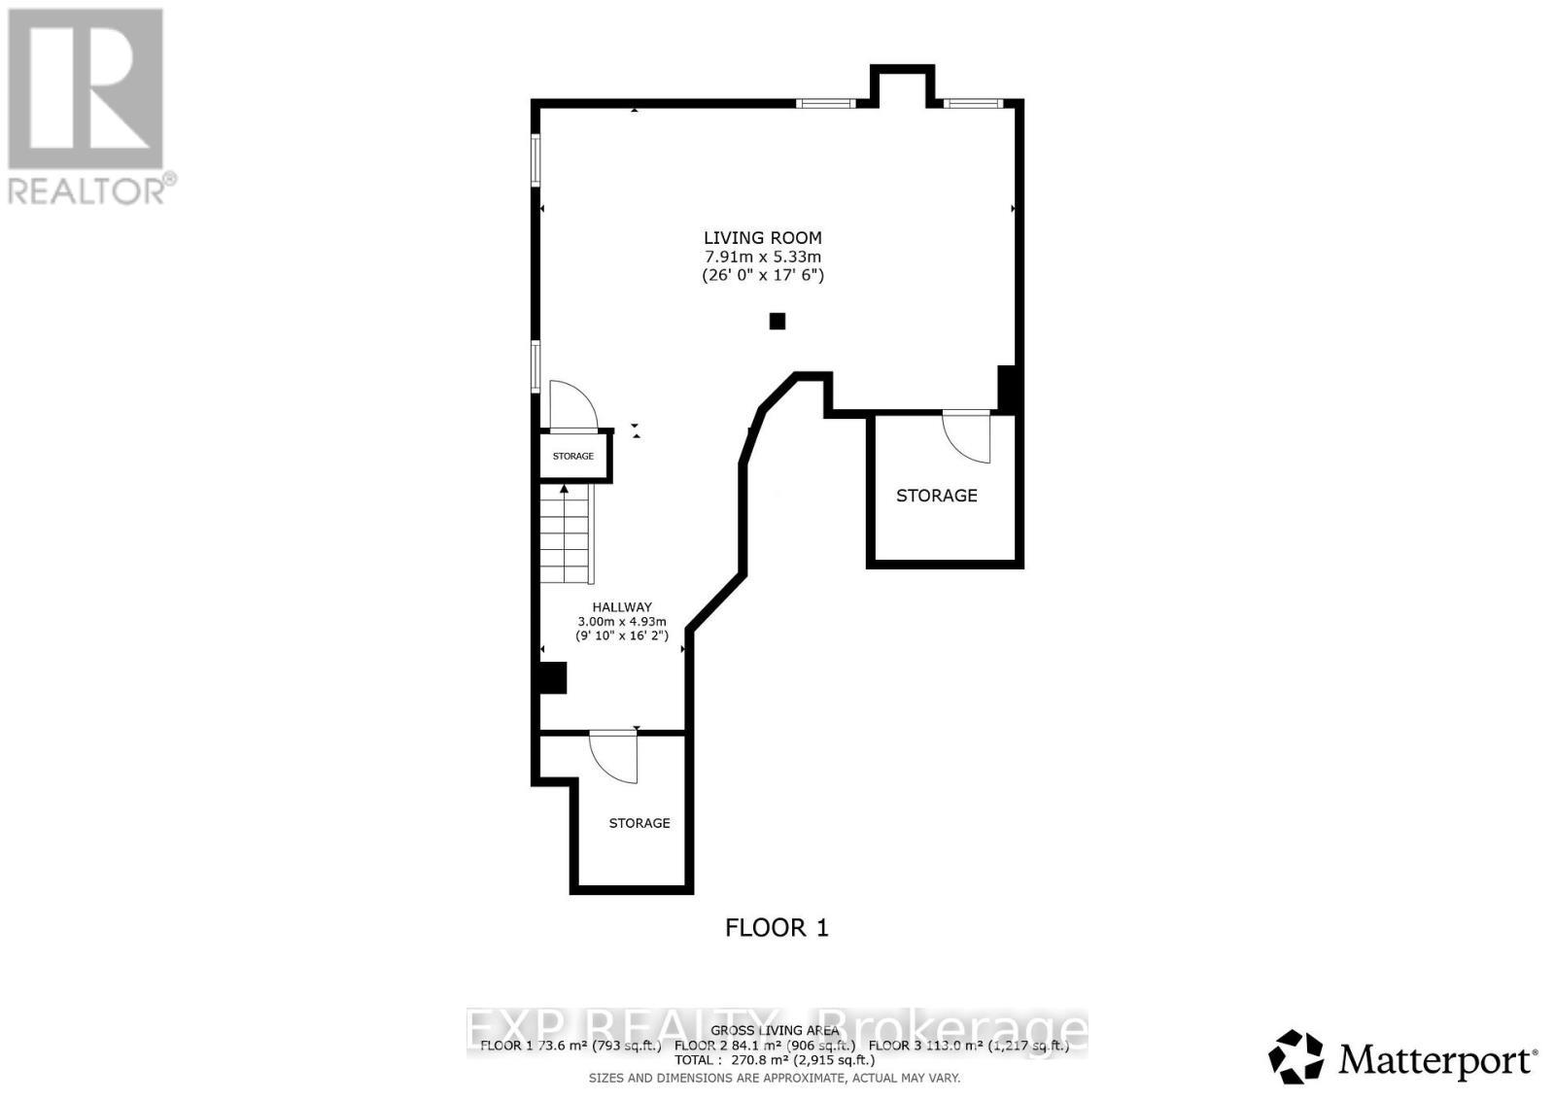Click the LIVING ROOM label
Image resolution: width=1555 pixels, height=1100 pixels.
click(x=762, y=237)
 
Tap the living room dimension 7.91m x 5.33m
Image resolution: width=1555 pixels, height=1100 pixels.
click(x=762, y=257)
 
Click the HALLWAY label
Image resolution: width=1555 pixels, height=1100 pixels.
click(x=622, y=607)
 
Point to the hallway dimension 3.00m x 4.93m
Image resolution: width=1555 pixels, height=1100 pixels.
click(x=622, y=622)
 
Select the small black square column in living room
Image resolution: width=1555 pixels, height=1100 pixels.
click(x=777, y=321)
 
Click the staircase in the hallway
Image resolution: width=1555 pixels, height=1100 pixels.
click(x=566, y=534)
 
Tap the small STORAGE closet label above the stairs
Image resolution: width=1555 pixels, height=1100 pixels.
click(x=573, y=456)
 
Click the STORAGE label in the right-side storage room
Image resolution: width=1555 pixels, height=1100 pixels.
click(x=936, y=496)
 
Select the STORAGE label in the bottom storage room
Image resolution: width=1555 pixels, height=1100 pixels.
click(x=639, y=823)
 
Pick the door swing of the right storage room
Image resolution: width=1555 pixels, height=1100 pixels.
click(x=968, y=435)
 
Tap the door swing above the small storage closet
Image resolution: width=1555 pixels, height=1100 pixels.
click(x=571, y=405)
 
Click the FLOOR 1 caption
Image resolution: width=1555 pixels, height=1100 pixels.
click(x=777, y=928)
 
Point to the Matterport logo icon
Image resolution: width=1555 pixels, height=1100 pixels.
click(x=1296, y=1056)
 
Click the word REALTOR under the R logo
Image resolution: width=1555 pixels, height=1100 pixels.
click(x=87, y=189)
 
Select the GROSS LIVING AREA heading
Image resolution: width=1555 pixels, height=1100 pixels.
click(x=775, y=1030)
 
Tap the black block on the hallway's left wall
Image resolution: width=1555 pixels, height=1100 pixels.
click(x=552, y=677)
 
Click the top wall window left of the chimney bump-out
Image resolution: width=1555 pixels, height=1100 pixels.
click(x=825, y=102)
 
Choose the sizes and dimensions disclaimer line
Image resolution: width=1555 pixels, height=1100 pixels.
click(x=775, y=1078)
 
